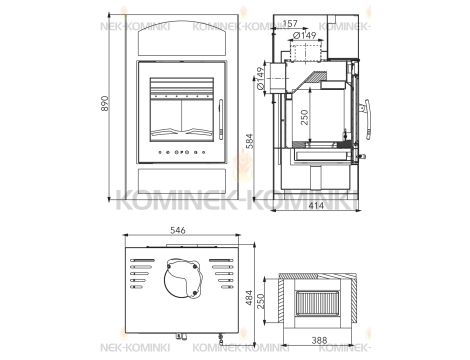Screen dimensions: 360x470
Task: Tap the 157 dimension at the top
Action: [x=291, y=24]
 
